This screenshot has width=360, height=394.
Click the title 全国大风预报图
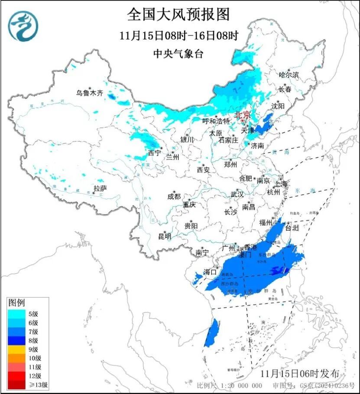(x=178, y=14)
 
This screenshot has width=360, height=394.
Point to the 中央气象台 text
(x=178, y=54)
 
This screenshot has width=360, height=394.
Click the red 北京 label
(x=242, y=115)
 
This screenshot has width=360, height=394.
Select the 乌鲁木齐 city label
(x=90, y=93)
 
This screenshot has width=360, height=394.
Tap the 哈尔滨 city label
(x=289, y=75)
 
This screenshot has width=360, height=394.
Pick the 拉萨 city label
(x=100, y=188)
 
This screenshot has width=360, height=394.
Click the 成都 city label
(x=174, y=196)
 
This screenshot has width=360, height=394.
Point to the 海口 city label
(x=210, y=272)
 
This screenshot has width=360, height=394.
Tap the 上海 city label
(x=280, y=184)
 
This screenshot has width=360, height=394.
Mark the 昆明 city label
(x=165, y=236)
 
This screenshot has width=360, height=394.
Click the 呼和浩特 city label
(x=217, y=121)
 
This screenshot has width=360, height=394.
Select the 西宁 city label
(x=154, y=153)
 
